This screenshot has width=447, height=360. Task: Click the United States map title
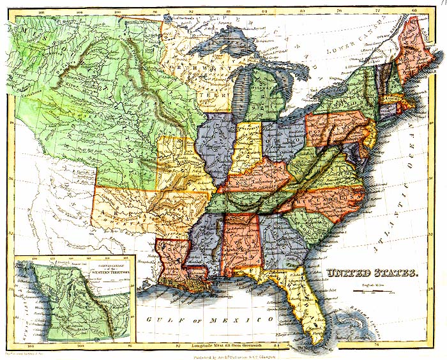372,274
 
